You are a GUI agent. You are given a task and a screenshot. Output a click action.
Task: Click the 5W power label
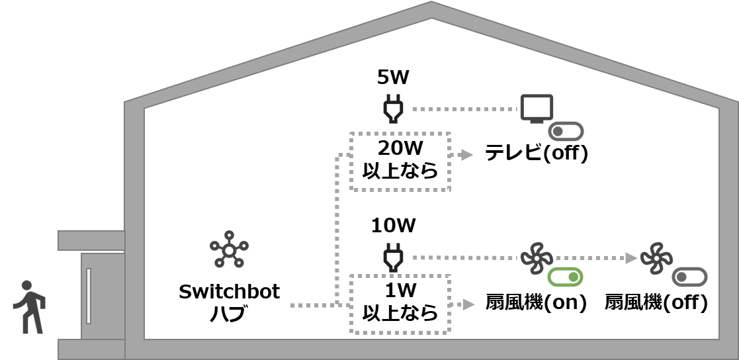click(393, 78)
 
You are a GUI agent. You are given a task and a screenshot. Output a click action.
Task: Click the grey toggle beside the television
click(566, 131)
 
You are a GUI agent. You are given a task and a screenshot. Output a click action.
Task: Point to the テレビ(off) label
click(536, 154)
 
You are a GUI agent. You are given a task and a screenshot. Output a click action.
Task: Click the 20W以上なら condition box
click(400, 161)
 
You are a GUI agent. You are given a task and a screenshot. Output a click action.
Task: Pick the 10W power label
click(393, 226)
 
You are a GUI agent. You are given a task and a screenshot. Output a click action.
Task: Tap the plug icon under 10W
click(393, 257)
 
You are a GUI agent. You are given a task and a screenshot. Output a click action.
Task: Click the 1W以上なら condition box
click(400, 303)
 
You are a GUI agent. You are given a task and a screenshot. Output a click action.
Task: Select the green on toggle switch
click(566, 277)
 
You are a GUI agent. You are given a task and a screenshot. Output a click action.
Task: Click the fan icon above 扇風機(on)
click(536, 257)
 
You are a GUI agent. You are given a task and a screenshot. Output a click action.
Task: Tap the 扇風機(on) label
click(536, 303)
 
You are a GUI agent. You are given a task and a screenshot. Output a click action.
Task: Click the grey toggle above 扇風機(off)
click(689, 277)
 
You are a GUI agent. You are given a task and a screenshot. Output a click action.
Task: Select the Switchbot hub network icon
click(229, 249)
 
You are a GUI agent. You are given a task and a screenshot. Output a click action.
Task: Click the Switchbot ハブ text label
click(230, 302)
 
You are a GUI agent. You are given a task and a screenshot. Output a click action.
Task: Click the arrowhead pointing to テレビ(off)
click(468, 155)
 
